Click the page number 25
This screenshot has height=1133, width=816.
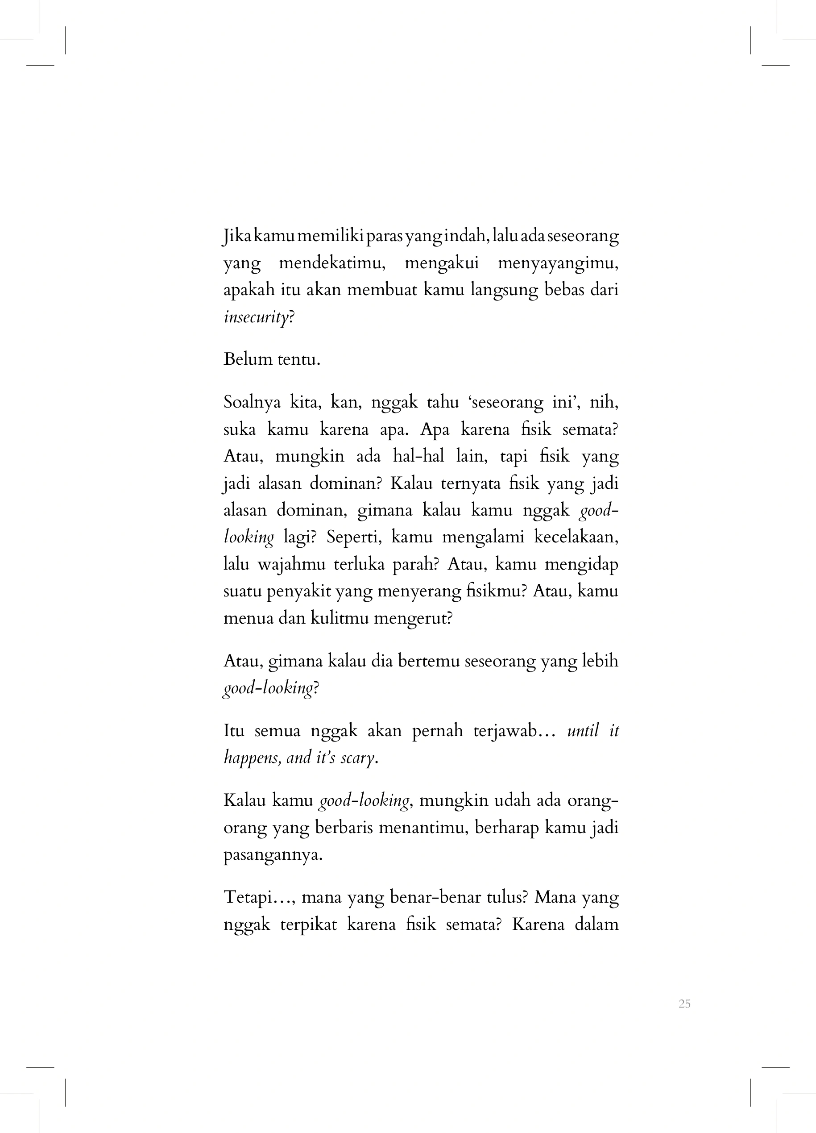(684, 1003)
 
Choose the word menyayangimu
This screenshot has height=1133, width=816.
(558, 263)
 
